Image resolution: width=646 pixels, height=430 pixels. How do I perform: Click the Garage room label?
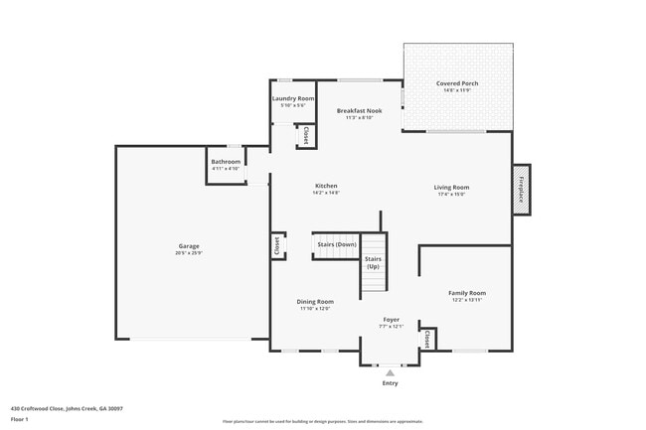click(x=190, y=245)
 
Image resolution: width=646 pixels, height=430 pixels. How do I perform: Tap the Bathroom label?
click(x=226, y=162)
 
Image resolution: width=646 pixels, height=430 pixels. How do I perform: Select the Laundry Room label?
click(x=292, y=99)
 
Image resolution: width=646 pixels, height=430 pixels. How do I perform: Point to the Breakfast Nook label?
click(x=360, y=111)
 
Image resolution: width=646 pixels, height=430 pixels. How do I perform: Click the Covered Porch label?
click(x=457, y=83)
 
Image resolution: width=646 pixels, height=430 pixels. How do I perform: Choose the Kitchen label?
click(x=327, y=187)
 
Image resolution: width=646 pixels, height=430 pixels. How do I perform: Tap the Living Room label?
click(x=451, y=187)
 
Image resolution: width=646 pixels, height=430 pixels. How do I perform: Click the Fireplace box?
click(x=520, y=188)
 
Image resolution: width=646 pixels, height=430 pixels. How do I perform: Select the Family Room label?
click(x=467, y=293)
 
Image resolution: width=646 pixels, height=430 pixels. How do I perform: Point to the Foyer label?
click(x=392, y=320)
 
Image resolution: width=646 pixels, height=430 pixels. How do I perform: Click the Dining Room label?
click(x=315, y=302)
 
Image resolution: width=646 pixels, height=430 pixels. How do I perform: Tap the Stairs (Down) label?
click(x=337, y=244)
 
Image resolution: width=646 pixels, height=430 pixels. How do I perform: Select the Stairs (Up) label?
click(x=373, y=263)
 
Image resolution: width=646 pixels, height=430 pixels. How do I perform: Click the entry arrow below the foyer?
click(x=391, y=372)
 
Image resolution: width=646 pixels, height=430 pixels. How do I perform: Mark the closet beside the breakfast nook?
click(x=307, y=136)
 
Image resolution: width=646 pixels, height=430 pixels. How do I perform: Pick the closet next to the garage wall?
click(x=276, y=245)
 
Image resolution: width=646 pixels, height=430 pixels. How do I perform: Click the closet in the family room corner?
click(x=427, y=340)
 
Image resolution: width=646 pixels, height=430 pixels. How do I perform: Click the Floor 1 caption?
click(x=21, y=418)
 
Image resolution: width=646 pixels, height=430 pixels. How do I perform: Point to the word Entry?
click(x=391, y=383)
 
